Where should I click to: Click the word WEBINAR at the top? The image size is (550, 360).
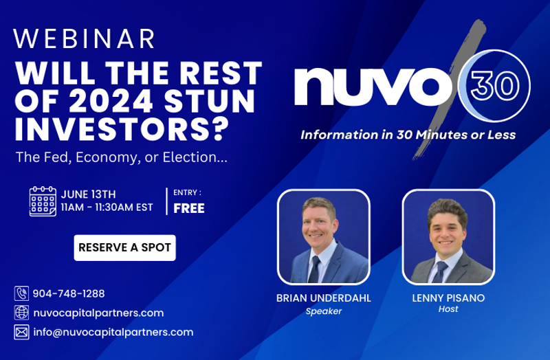click(x=84, y=38)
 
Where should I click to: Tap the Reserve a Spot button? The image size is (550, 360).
click(x=125, y=248)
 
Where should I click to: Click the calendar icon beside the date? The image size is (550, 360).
click(x=43, y=201)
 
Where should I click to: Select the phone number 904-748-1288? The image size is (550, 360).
click(x=69, y=293)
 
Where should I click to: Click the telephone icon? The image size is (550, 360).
click(x=21, y=293)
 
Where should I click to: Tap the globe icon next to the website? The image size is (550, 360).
click(x=21, y=313)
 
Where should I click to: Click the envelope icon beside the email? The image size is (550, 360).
click(x=21, y=332)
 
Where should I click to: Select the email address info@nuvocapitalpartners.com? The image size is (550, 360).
click(x=113, y=333)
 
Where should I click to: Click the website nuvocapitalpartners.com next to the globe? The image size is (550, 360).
click(x=98, y=313)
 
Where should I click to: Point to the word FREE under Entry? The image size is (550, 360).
click(x=189, y=208)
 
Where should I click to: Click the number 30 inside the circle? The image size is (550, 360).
click(x=495, y=87)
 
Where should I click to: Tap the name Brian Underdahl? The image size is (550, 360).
click(x=323, y=298)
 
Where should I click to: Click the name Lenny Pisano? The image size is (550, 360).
click(x=448, y=298)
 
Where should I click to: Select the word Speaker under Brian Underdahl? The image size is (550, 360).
click(x=323, y=311)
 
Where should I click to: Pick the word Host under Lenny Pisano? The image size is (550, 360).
click(x=448, y=309)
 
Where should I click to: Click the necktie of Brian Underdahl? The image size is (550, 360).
click(x=313, y=269)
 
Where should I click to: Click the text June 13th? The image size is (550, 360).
click(x=89, y=194)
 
